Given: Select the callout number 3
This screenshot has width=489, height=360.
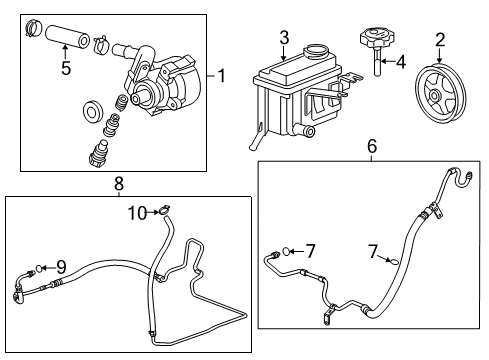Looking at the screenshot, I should (284, 37).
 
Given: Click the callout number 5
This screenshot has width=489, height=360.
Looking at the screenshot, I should (66, 70).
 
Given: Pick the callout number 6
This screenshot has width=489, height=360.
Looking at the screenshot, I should (371, 146).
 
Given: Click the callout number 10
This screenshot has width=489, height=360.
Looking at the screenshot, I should (137, 211).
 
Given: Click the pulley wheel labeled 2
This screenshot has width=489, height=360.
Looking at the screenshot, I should (442, 94).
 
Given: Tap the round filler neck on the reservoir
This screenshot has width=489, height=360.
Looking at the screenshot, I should (317, 50).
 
